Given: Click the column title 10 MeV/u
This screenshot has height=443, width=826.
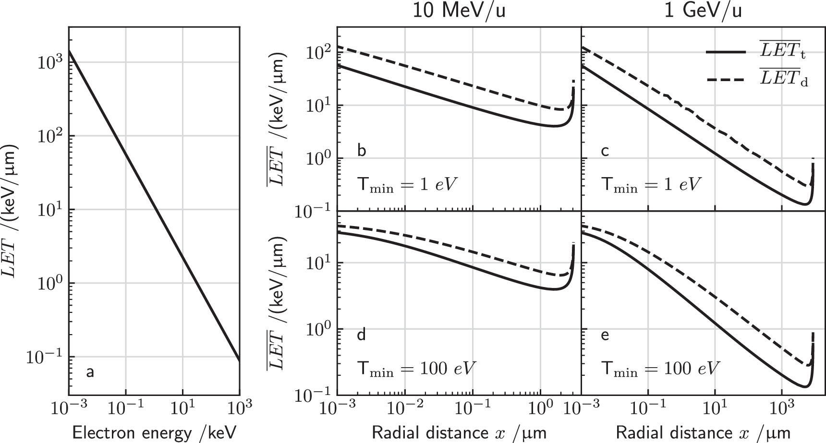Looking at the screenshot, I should (x=459, y=11).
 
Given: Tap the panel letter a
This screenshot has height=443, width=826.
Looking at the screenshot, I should (x=89, y=371).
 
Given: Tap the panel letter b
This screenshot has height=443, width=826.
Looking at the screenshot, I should (x=362, y=151).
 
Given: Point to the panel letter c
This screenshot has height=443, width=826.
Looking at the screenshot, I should (x=605, y=151).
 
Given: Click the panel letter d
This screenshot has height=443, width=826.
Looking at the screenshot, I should (x=362, y=335).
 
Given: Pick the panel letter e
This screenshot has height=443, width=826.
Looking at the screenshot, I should (x=605, y=335).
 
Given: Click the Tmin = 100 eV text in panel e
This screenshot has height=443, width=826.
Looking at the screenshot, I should (x=661, y=369).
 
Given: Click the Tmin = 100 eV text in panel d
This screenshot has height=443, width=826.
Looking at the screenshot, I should (x=416, y=369).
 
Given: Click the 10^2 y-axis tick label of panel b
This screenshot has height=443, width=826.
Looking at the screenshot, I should (x=315, y=52).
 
